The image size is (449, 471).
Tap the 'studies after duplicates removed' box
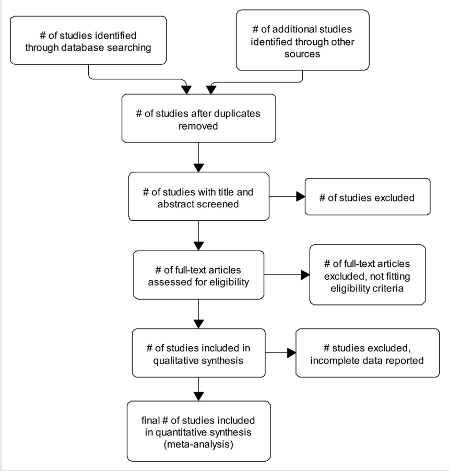(198, 118)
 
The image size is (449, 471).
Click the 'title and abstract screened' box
(198, 197)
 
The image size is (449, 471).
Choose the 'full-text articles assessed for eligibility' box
(198, 275)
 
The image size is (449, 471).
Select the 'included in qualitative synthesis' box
(198, 353)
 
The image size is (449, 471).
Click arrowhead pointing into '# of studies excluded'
(301, 196)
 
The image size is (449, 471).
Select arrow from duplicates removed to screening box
(198, 157)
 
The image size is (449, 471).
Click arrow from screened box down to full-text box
(198, 235)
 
